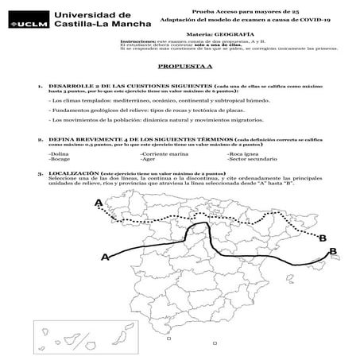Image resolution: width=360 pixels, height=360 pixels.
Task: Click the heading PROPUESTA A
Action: tap(180, 68)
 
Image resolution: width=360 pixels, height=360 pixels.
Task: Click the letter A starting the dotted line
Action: tap(99, 204)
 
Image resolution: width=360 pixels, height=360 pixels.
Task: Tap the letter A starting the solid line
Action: tap(105, 257)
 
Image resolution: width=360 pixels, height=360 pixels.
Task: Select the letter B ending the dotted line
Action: tap(323, 237)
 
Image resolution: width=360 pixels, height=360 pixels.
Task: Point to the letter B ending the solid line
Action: tap(333, 251)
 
